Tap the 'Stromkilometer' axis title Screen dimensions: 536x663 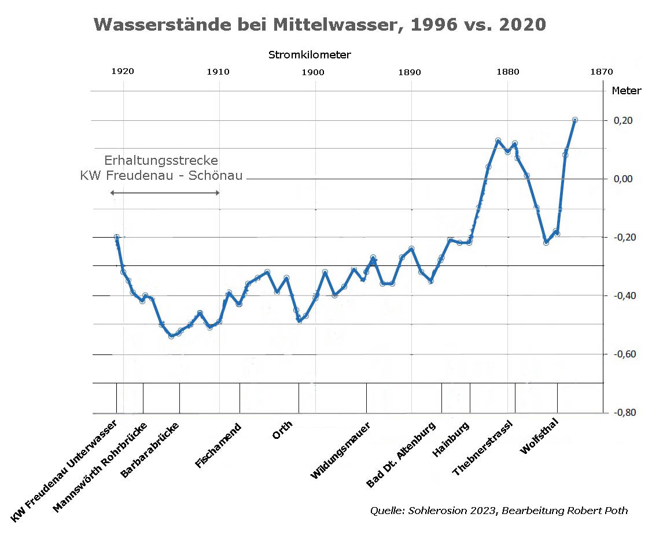310,55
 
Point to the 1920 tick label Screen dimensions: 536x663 122,72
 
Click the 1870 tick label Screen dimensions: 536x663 602,72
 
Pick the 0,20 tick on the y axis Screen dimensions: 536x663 623,120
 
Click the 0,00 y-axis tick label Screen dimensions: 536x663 623,179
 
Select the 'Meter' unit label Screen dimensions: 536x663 627,91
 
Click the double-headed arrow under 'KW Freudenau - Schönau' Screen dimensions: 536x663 165,193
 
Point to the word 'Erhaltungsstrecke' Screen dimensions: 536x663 161,161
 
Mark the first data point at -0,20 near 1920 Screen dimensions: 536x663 117,237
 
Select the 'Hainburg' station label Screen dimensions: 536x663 451,441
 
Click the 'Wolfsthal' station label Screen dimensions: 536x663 539,436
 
